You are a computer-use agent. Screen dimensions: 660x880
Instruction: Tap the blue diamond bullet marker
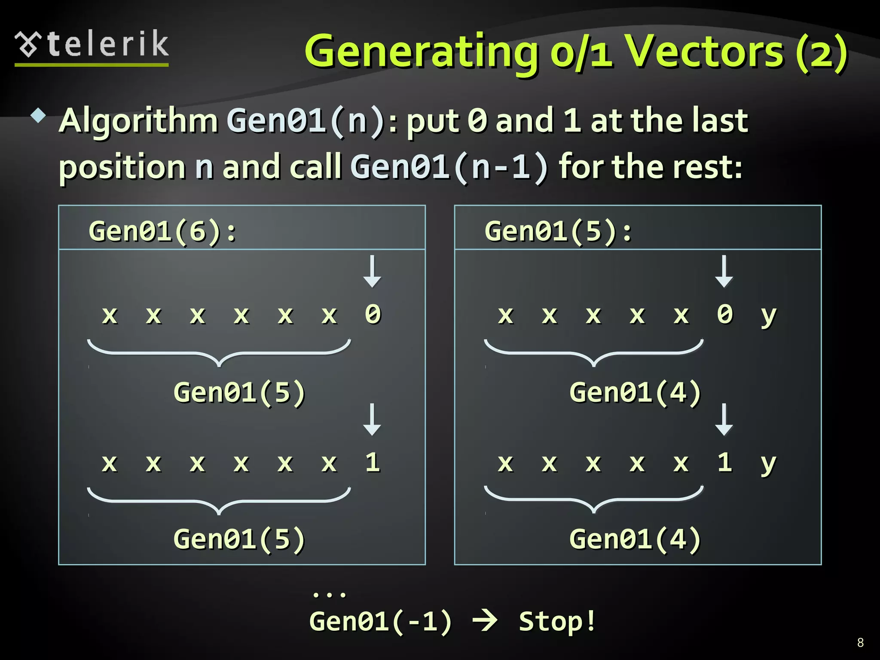tap(39, 116)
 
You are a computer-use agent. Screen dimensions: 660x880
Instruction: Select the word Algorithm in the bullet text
tap(138, 121)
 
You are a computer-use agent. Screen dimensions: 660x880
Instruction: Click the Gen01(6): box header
tap(162, 231)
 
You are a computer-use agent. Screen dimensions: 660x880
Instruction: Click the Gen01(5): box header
tap(558, 231)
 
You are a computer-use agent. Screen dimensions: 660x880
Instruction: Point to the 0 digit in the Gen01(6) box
tap(373, 314)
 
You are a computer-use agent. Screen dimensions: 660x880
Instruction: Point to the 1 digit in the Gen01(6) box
tap(373, 463)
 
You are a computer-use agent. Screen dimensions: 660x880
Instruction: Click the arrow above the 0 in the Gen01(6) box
tap(372, 272)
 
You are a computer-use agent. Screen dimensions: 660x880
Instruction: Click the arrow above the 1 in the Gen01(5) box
tap(724, 419)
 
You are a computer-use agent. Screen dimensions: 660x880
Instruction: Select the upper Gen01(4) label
tap(635, 392)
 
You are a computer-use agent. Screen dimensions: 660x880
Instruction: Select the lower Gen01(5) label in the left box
tap(239, 539)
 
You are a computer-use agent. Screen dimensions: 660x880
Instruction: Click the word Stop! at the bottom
tap(557, 621)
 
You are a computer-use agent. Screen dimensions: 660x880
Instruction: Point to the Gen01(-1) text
tap(381, 622)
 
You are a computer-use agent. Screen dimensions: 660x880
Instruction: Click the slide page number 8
tap(860, 642)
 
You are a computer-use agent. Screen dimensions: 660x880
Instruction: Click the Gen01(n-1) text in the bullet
tap(449, 167)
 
